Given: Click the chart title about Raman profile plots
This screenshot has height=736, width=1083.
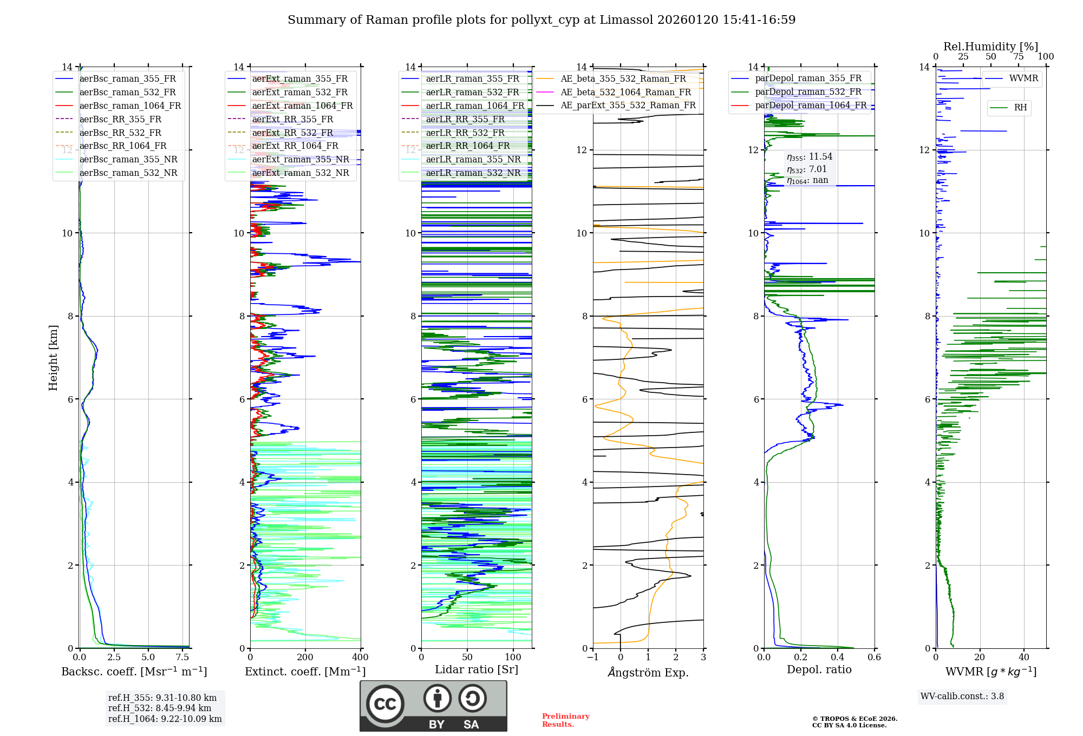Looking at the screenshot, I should [x=541, y=20].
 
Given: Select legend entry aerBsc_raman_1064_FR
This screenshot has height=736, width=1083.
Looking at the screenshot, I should [x=130, y=106].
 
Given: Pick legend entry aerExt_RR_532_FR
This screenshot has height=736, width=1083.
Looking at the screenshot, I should [x=292, y=133].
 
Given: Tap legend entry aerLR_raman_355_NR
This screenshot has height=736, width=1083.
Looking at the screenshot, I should [x=473, y=160].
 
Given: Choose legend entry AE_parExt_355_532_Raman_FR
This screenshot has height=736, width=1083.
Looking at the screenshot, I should [x=628, y=106].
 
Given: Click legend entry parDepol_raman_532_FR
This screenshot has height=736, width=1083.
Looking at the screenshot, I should [x=808, y=92].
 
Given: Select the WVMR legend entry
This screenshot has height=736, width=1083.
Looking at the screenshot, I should [x=1023, y=78].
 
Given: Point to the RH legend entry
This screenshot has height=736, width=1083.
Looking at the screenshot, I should [x=1020, y=108].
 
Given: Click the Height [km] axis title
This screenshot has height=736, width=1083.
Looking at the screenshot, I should [x=53, y=358].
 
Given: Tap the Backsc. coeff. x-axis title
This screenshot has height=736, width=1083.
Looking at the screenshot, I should [x=134, y=672].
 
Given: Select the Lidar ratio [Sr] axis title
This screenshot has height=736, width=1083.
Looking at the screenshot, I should [x=477, y=670].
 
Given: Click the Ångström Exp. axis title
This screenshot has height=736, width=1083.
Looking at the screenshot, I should [x=648, y=673].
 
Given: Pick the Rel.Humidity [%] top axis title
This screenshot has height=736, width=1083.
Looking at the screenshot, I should [x=990, y=47].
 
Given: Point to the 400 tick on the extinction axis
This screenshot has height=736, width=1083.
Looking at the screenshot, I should [x=360, y=658].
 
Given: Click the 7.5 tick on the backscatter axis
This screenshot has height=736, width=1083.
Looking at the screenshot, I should [x=182, y=658].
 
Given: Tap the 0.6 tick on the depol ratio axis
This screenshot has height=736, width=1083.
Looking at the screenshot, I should [x=874, y=658].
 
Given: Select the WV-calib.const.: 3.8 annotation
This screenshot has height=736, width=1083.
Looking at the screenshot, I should [x=962, y=696].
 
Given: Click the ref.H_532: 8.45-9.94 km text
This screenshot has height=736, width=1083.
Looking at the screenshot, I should [x=160, y=708].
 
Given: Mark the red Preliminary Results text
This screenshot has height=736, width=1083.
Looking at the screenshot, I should [x=565, y=720].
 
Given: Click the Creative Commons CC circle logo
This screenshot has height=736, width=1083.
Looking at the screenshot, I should [x=385, y=704].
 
